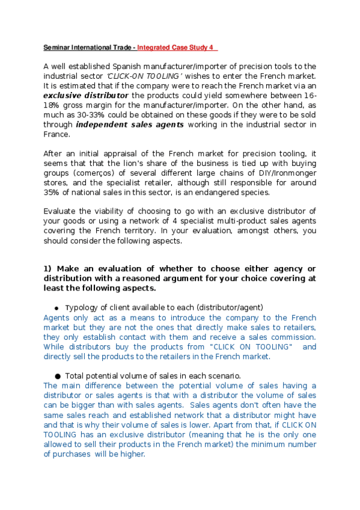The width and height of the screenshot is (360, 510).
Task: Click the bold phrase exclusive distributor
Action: pos(86,95)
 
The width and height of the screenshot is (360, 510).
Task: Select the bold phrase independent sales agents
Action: pos(130,124)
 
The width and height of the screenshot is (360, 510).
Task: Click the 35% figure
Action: pos(53,192)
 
